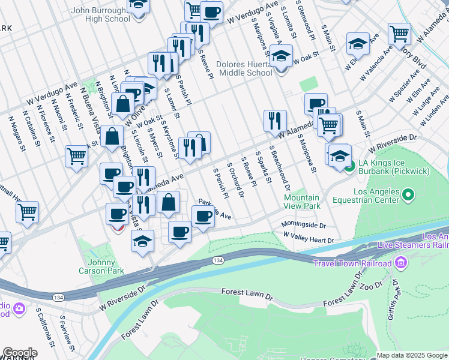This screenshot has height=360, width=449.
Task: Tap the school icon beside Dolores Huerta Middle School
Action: pyautogui.click(x=280, y=57)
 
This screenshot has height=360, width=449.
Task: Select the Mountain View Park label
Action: pyautogui.click(x=301, y=202)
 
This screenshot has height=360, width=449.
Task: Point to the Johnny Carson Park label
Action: pyautogui.click(x=97, y=266)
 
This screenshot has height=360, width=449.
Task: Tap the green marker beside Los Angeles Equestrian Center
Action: pyautogui.click(x=408, y=195)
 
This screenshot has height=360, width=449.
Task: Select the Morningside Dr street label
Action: pyautogui.click(x=304, y=226)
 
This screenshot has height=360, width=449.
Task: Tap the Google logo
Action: pyautogui.click(x=20, y=353)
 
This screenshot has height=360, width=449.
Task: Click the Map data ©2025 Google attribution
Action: pyautogui.click(x=412, y=355)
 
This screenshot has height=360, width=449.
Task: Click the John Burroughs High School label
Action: pyautogui.click(x=101, y=14)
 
